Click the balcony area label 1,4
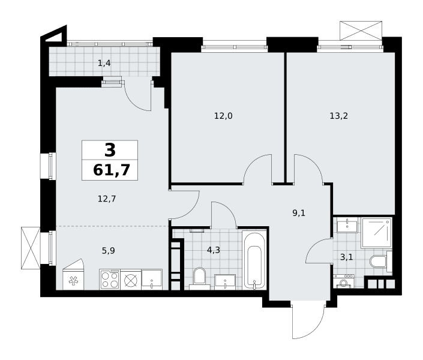pos(104,64)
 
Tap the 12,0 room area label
pos(223,116)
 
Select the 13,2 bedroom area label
pos(338,116)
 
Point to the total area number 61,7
pos(112,170)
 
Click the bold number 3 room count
pos(110,150)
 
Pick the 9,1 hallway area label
pos(299,213)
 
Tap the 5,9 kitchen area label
pos(108,251)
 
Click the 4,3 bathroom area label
pos(214,250)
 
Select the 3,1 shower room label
pos(346,257)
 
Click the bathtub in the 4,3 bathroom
pos(254,260)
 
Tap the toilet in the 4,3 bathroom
pos(199,278)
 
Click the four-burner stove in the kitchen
pos(110,280)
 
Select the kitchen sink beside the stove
pos(152,280)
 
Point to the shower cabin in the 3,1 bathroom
pos(376,233)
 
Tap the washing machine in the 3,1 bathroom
pos(343,281)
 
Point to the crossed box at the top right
pos(361,31)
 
